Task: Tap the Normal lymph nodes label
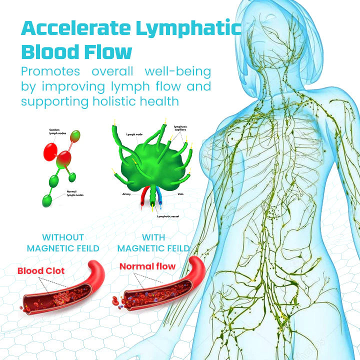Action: pyautogui.click(x=75, y=193)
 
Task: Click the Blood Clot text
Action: pyautogui.click(x=40, y=271)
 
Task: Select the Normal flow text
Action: pyautogui.click(x=147, y=266)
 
